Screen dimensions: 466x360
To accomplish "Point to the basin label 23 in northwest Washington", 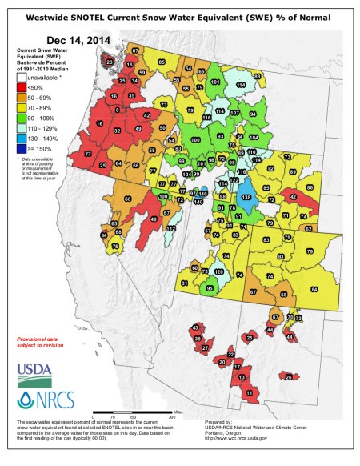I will pyautogui.click(x=110, y=62).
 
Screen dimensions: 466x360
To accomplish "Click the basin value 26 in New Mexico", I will pyautogui.click(x=289, y=376).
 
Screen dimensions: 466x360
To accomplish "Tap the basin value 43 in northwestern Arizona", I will pyautogui.click(x=194, y=327).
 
